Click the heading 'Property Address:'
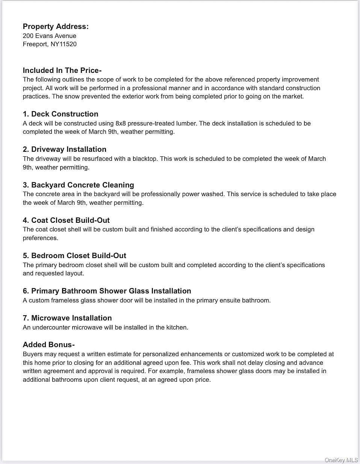(56, 26)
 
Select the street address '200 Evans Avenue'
(49, 36)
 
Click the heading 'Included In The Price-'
(62, 70)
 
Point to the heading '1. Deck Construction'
(61, 114)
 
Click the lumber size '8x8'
(121, 123)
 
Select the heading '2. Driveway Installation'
(64, 149)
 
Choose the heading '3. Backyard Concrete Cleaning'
(78, 185)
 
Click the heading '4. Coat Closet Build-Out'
(66, 220)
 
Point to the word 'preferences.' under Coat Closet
(40, 238)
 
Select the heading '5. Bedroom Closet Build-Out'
(74, 255)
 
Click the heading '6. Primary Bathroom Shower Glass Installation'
(107, 291)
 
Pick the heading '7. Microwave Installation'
(67, 318)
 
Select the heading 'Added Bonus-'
(48, 345)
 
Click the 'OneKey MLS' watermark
(341, 460)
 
